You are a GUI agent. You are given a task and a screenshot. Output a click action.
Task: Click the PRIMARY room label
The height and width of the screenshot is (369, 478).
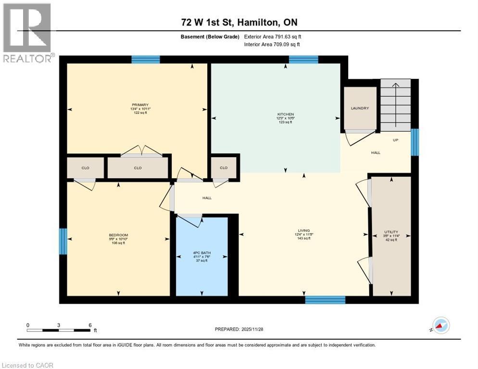140,105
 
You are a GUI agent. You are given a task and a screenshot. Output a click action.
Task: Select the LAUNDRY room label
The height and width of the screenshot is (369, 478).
360,108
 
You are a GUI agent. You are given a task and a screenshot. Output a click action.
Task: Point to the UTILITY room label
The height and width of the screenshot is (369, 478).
391,232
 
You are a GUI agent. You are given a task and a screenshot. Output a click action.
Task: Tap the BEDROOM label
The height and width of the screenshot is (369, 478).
118,235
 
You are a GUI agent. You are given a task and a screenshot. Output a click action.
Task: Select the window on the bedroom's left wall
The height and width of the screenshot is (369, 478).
63,241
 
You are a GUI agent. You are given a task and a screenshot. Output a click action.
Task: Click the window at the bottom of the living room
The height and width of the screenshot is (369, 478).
325,300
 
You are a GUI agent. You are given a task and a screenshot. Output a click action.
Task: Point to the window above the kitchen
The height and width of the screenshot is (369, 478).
303,60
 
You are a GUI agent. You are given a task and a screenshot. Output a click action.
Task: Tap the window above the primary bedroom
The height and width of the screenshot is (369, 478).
145,60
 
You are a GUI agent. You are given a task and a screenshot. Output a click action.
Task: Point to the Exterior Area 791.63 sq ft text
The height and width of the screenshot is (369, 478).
272,37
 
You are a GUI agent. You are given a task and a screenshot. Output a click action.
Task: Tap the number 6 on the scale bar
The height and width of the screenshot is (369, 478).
90,325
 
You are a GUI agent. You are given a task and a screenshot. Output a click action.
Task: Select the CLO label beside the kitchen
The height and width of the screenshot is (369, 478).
223,168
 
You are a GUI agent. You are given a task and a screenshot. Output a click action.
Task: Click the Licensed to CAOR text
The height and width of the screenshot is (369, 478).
27,365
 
